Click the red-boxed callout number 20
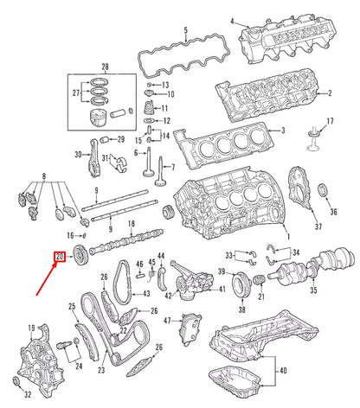[x=60, y=258]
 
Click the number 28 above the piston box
[x=106, y=67]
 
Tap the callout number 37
[x=318, y=226]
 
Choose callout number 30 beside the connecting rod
[x=78, y=156]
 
